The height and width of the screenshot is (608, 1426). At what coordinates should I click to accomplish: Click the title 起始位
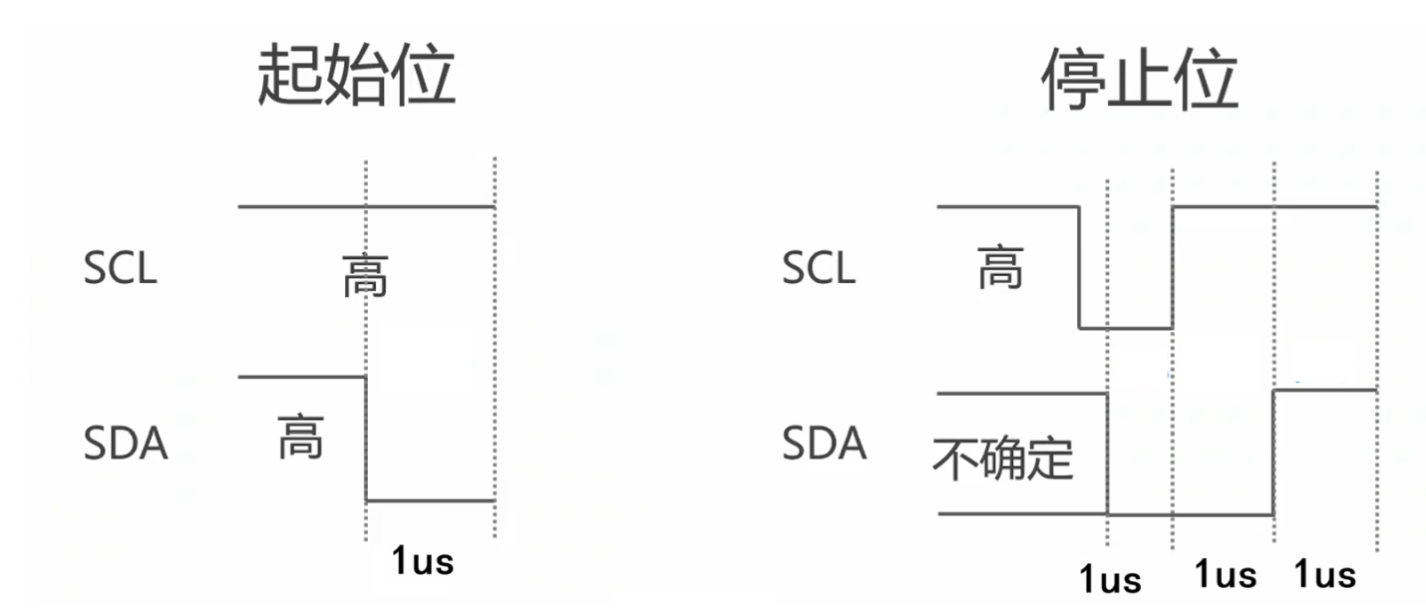point(356,77)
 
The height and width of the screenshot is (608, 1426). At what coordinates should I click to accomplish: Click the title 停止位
point(1140,77)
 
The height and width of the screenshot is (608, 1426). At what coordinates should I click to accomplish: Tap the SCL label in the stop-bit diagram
point(819,269)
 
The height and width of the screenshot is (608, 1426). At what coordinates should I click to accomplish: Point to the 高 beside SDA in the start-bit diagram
point(300,438)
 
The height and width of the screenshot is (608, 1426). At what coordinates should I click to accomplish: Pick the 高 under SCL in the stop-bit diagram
point(1000,268)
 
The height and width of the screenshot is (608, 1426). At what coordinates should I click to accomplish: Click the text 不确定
point(1003,458)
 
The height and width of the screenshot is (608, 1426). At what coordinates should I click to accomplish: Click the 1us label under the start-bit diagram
point(423,561)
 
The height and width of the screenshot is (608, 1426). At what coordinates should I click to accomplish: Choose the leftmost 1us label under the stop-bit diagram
point(1111,579)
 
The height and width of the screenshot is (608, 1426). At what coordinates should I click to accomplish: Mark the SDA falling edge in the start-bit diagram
point(367,439)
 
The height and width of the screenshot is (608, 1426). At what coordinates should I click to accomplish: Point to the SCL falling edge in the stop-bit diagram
point(1080,267)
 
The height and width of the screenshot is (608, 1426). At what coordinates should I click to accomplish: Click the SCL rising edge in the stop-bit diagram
point(1173,267)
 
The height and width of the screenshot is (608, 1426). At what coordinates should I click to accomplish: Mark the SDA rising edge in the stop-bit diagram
point(1273,453)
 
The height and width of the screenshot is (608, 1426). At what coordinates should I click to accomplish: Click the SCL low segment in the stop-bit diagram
point(1126,328)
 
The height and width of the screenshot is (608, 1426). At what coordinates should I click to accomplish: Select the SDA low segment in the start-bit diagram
point(431,500)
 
